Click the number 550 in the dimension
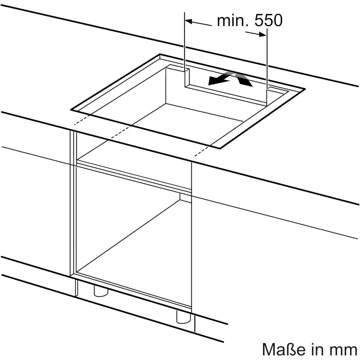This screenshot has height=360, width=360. [269, 21]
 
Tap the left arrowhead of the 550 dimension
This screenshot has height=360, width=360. [189, 22]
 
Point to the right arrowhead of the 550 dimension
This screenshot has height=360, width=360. [263, 35]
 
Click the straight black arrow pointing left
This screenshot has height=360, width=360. [220, 80]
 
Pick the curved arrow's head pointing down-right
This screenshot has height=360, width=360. [245, 81]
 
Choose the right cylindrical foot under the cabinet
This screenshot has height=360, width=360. [184, 317]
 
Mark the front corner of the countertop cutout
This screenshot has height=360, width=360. [220, 148]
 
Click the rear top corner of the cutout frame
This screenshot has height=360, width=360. [160, 54]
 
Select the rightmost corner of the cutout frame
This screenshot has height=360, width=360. [305, 89]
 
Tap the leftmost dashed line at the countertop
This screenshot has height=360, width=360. [83, 120]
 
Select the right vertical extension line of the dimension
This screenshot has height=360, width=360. [267, 67]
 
